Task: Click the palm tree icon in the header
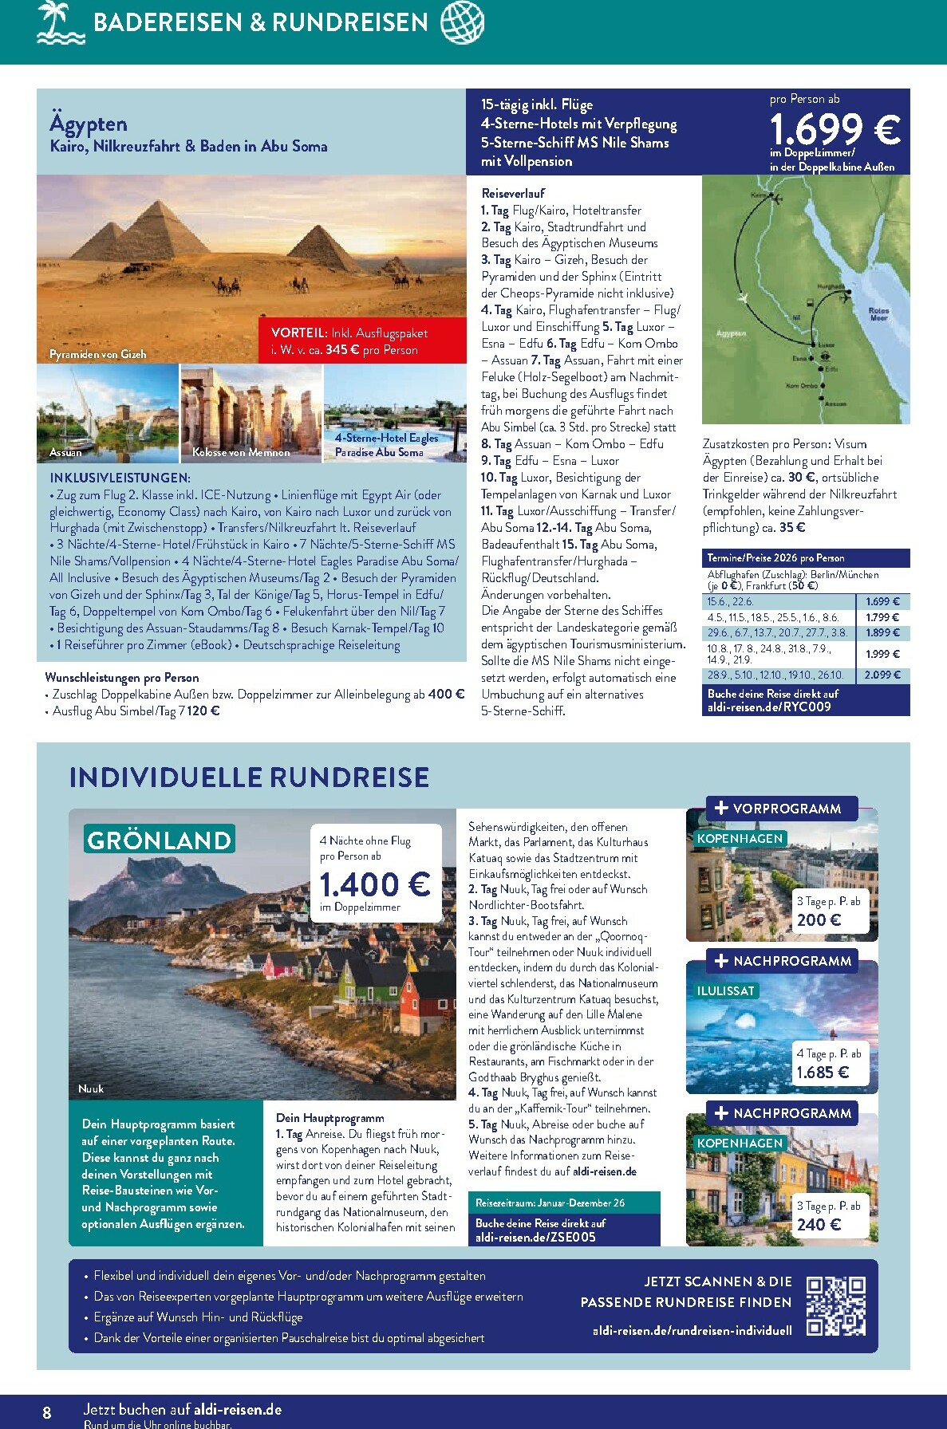point(61,22)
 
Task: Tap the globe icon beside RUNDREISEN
point(463,22)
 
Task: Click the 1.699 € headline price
point(835,129)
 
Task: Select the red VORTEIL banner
point(362,341)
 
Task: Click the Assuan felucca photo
point(108,414)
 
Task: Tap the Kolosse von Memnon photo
point(251,414)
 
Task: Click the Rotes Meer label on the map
point(878,314)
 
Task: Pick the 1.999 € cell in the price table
point(882,654)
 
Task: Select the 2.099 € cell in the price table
point(882,675)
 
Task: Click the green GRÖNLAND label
point(160,840)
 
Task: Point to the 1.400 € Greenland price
point(374,884)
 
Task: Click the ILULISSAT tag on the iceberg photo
point(726,990)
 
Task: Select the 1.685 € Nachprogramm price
point(823,1073)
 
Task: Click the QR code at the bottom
point(835,1306)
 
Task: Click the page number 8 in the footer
point(47,1412)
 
